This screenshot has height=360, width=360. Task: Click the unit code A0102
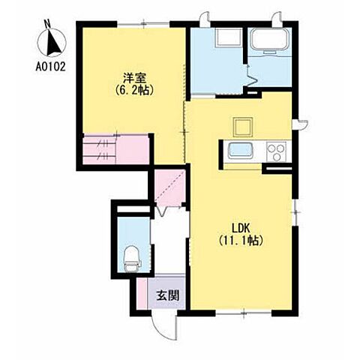[50, 67]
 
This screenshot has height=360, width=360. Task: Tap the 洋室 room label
[134, 78]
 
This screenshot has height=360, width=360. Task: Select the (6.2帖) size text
[134, 90]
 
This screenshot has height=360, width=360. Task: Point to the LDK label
[241, 228]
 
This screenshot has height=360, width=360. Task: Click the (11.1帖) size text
[241, 241]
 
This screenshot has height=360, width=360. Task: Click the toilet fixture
[132, 259]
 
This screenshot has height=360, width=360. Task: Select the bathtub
[270, 39]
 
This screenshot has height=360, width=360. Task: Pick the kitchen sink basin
[240, 151]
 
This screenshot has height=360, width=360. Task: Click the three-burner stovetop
[276, 151]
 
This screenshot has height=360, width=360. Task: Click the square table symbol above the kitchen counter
[242, 127]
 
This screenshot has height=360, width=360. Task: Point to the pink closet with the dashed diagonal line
[170, 188]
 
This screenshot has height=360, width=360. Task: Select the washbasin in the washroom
[229, 37]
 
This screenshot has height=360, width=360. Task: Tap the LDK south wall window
[244, 313]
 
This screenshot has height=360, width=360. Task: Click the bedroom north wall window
[144, 24]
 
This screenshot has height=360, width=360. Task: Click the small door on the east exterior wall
[301, 124]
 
